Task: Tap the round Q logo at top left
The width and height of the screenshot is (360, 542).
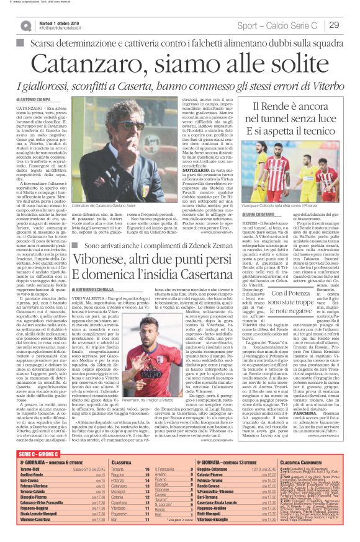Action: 25,25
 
